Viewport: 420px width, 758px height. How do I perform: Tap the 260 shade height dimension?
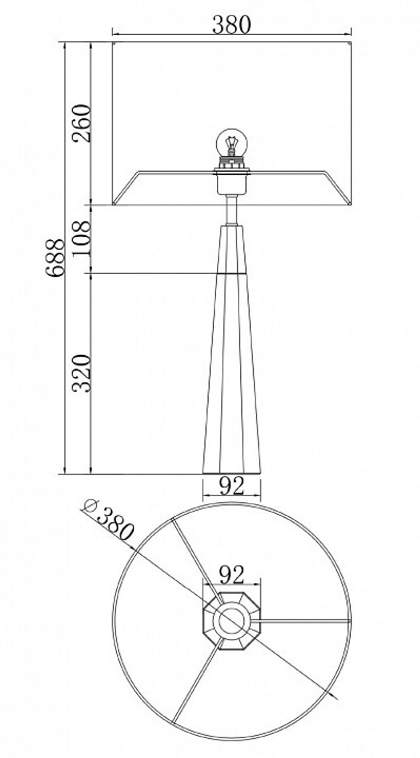(81, 123)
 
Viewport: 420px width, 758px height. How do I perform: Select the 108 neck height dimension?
(81, 239)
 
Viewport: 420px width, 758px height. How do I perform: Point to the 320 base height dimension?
(81, 373)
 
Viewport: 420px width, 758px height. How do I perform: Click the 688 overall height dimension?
(56, 258)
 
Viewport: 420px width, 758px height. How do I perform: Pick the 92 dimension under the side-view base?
(231, 487)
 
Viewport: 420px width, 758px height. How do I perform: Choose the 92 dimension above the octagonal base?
(231, 575)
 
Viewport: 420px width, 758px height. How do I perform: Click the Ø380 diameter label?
(109, 519)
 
